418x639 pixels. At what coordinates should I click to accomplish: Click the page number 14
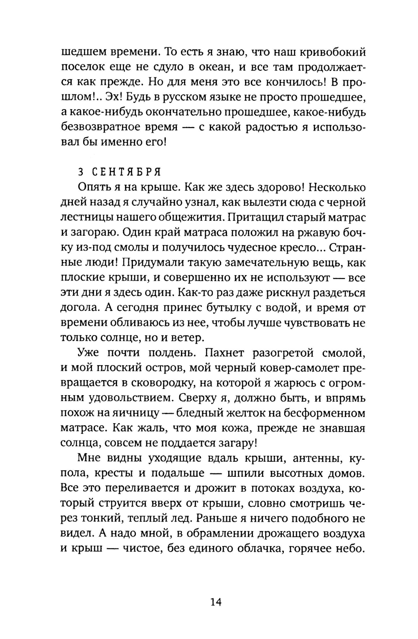click(216, 602)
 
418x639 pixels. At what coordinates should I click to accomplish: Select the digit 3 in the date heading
click(81, 172)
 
